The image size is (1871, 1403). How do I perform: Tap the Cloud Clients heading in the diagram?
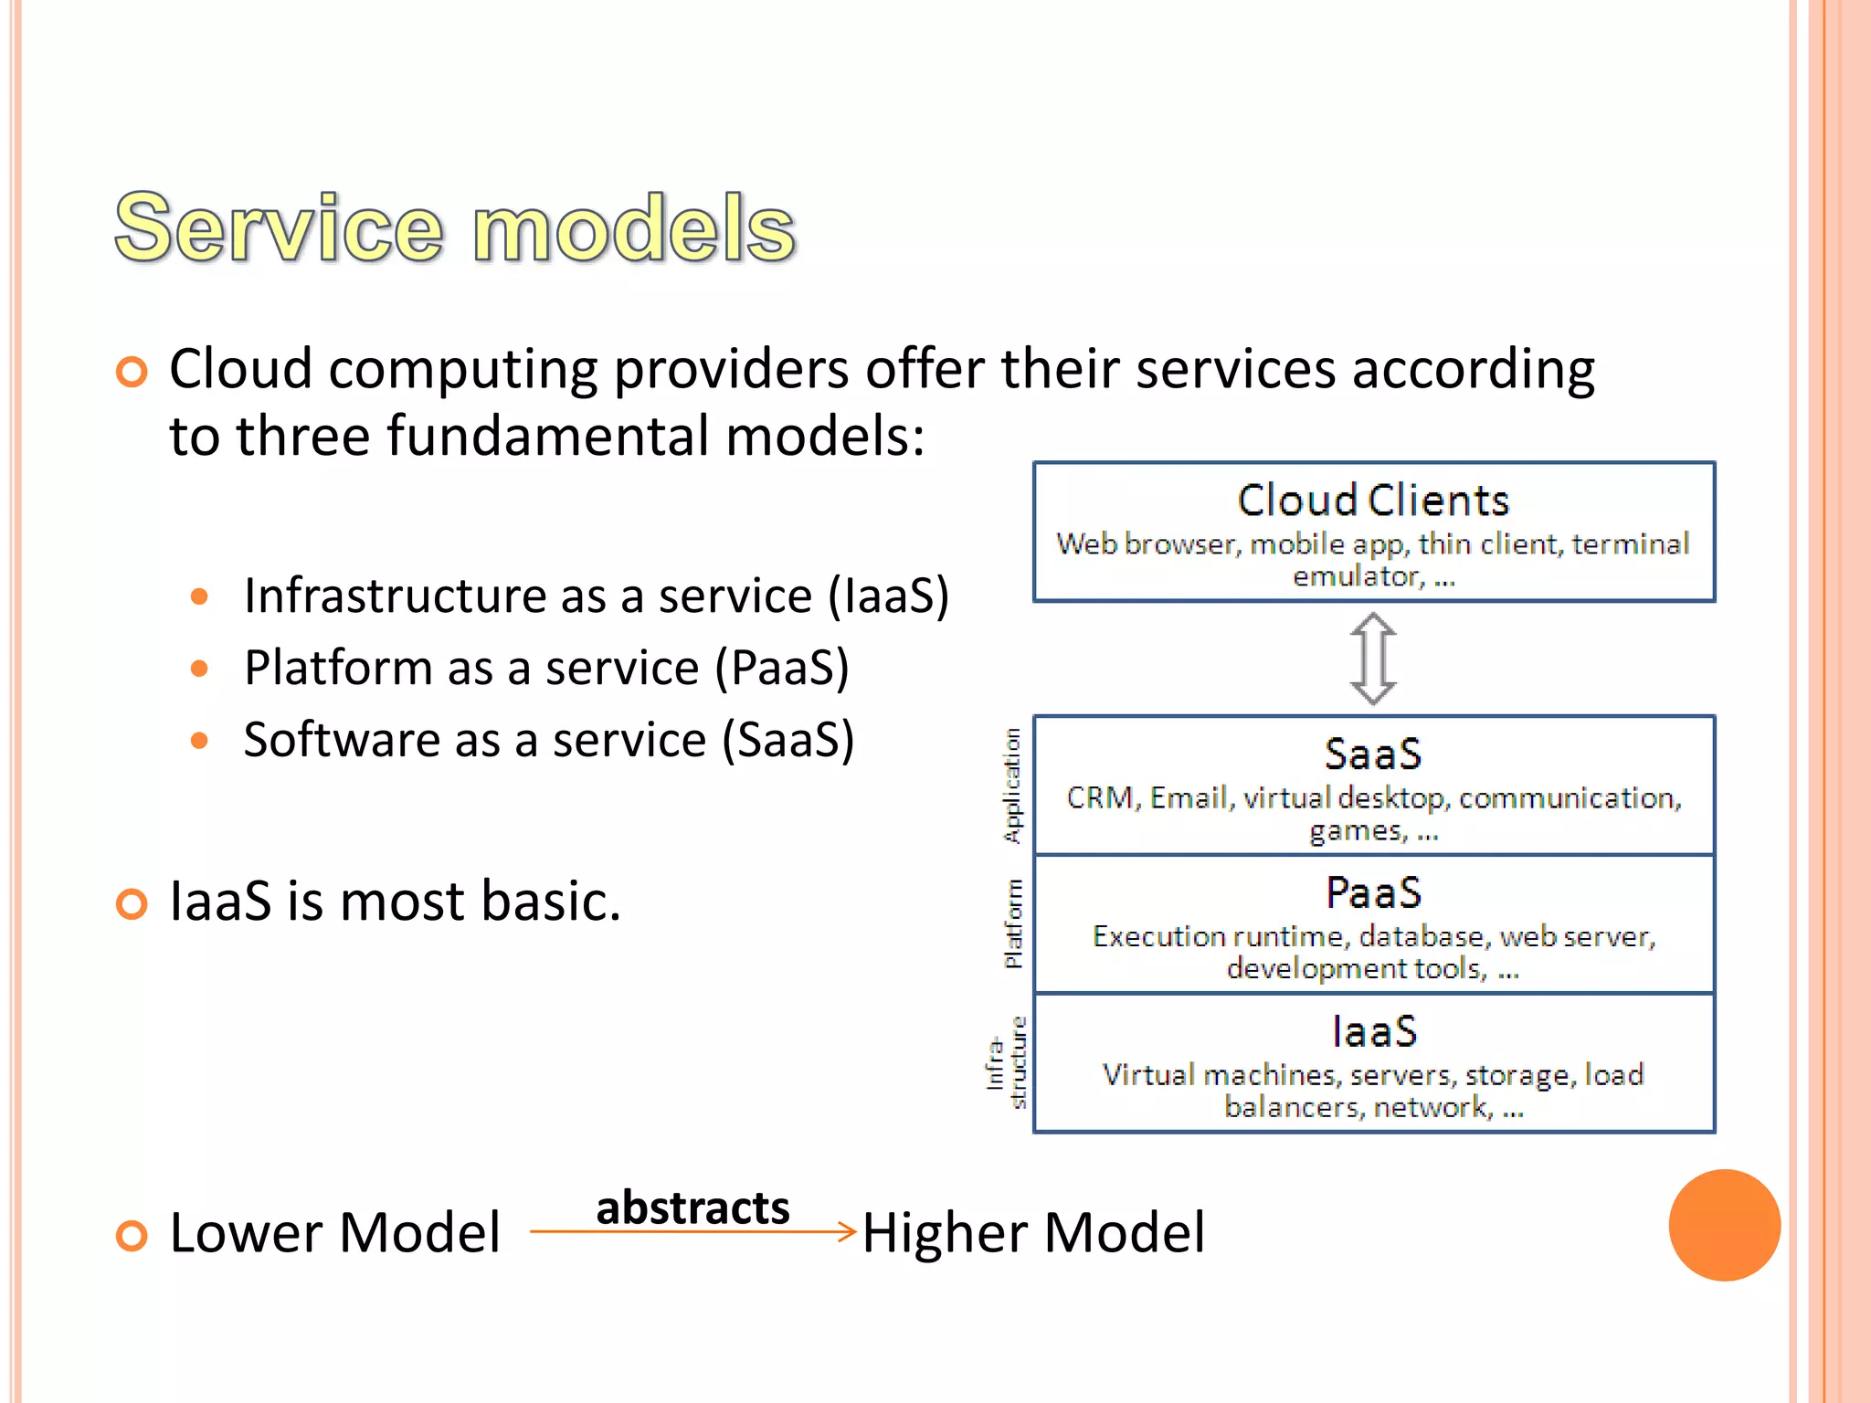pyautogui.click(x=1373, y=501)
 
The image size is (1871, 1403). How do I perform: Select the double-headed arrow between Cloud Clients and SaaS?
pyautogui.click(x=1373, y=659)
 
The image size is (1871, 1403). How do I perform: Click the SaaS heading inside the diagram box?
pyautogui.click(x=1373, y=754)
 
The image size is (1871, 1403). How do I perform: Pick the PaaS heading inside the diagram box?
pyautogui.click(x=1373, y=892)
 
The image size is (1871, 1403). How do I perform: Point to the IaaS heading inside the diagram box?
pyautogui.click(x=1373, y=1031)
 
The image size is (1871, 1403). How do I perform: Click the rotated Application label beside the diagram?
pyautogui.click(x=1012, y=786)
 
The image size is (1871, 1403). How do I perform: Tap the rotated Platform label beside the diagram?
pyautogui.click(x=1012, y=923)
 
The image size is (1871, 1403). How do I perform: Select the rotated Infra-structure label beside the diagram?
pyautogui.click(x=1006, y=1062)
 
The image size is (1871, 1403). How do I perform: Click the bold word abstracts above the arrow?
pyautogui.click(x=692, y=1208)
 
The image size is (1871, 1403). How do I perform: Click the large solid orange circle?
pyautogui.click(x=1724, y=1225)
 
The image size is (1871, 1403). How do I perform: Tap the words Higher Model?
pyautogui.click(x=1033, y=1233)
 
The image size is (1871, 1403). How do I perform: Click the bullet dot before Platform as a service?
pyautogui.click(x=200, y=669)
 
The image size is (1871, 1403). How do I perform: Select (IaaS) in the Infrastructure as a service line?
pyautogui.click(x=888, y=596)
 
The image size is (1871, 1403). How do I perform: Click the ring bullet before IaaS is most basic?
pyautogui.click(x=132, y=904)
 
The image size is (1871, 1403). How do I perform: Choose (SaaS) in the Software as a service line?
pyautogui.click(x=788, y=740)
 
